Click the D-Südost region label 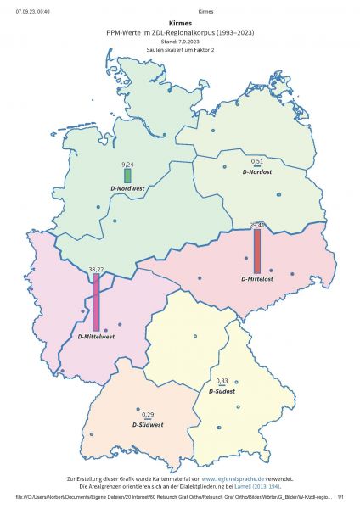(223, 393)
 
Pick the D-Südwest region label (148, 423)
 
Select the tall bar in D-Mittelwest (96, 300)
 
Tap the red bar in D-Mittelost (257, 251)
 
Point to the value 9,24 (128, 163)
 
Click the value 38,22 (96, 269)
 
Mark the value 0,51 (257, 160)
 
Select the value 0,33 (222, 381)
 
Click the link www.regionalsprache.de (236, 479)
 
